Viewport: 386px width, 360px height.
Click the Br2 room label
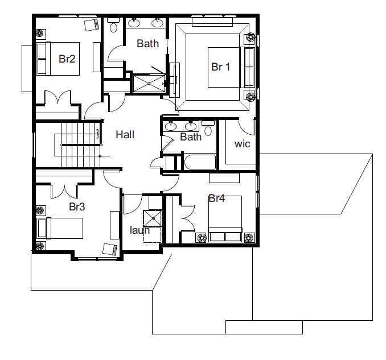tap(67, 59)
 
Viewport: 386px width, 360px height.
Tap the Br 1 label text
tap(220, 67)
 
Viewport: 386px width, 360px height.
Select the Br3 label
tap(77, 207)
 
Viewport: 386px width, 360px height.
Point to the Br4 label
tap(216, 198)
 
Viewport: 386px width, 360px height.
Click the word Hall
tap(125, 135)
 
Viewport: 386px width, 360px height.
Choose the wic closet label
tap(242, 144)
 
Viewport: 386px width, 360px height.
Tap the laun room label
tap(139, 230)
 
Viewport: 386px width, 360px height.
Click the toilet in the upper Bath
tap(113, 25)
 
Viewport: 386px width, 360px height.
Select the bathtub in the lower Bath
tap(200, 162)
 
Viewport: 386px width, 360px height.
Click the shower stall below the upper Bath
tap(149, 84)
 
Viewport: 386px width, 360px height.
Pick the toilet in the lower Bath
tap(208, 128)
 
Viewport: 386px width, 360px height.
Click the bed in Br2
tap(58, 59)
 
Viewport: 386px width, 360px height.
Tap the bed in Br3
tap(60, 228)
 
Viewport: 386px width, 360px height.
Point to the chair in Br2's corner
tap(91, 24)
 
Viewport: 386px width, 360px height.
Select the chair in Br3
tap(109, 249)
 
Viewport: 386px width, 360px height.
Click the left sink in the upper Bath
tap(134, 23)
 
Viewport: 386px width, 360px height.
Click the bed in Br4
tap(225, 218)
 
